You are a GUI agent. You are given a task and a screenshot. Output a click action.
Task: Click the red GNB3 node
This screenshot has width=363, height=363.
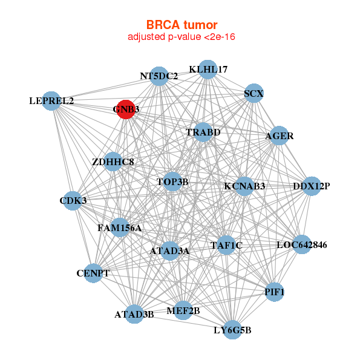[125, 110]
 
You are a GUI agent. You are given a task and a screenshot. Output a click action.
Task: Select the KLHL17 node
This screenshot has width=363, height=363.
[208, 69]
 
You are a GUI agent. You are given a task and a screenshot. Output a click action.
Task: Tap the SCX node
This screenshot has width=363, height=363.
[253, 93]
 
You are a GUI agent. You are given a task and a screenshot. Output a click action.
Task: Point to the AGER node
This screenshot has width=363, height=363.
[279, 136]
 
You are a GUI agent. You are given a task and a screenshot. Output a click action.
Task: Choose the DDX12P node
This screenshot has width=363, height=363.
[311, 186]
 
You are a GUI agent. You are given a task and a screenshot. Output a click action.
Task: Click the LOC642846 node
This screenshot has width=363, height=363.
[301, 245]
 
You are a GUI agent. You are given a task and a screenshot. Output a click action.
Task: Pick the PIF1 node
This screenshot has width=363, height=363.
[274, 292]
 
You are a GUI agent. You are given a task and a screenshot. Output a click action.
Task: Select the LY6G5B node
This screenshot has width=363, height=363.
[232, 330]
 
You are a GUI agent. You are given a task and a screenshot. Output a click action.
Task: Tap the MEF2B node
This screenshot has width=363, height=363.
[183, 311]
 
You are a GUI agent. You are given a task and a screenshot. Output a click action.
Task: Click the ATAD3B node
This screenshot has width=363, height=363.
[134, 314]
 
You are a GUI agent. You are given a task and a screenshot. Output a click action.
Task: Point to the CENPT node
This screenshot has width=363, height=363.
[93, 273]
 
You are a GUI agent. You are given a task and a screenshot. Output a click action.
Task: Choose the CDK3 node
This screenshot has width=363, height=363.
[73, 200]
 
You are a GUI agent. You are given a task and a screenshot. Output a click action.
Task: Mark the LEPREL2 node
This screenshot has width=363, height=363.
[51, 100]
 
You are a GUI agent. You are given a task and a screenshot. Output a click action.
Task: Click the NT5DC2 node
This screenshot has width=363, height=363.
[159, 76]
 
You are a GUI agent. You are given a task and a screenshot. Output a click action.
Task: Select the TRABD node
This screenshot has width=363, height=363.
[203, 132]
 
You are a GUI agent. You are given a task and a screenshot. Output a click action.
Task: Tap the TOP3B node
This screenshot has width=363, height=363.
[172, 181]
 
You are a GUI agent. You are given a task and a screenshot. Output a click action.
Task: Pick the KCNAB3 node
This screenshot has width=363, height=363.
[244, 186]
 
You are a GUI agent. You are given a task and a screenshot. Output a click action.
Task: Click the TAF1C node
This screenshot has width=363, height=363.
[226, 245]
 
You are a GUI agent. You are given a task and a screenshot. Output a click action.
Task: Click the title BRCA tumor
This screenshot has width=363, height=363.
[181, 25]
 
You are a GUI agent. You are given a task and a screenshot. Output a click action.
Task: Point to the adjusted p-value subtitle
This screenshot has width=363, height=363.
[181, 37]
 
